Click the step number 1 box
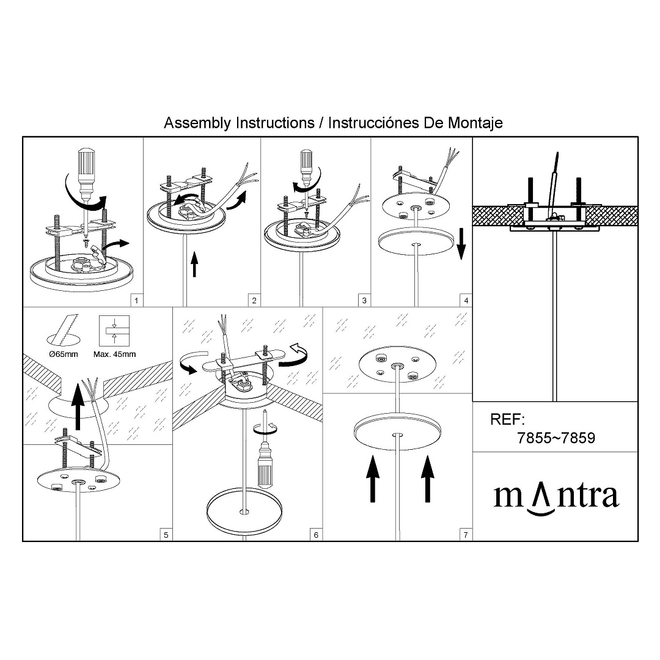(136, 301)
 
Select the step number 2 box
(254, 301)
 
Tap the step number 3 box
(364, 301)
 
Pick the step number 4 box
(466, 301)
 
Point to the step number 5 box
(166, 535)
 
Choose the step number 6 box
(316, 535)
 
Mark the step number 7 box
(466, 535)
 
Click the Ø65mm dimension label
(64, 354)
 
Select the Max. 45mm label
(114, 354)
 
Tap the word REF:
(508, 419)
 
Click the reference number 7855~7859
(556, 438)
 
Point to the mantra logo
(556, 498)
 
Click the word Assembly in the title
(197, 123)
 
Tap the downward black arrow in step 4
(461, 244)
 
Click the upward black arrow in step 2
(194, 265)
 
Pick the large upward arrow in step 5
(78, 406)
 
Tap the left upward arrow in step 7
(373, 479)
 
